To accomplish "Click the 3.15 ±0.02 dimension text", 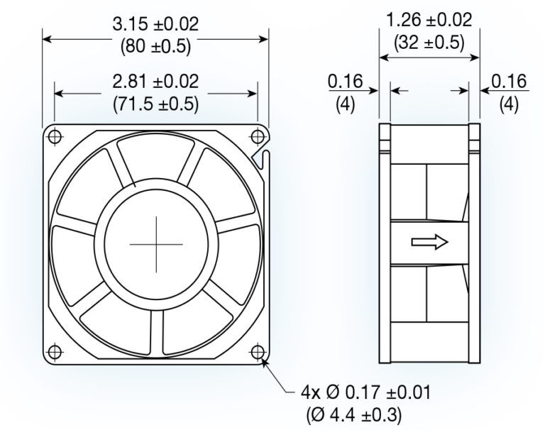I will (155, 23).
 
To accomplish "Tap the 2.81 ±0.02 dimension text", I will (155, 82).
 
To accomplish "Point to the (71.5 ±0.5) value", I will (155, 103).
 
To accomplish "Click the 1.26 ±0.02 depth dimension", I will (424, 20).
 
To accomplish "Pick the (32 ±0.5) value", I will (424, 42).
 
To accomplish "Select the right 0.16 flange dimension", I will (509, 82).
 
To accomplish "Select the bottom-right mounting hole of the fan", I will (257, 351).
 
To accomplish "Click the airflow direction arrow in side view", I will (429, 243).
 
